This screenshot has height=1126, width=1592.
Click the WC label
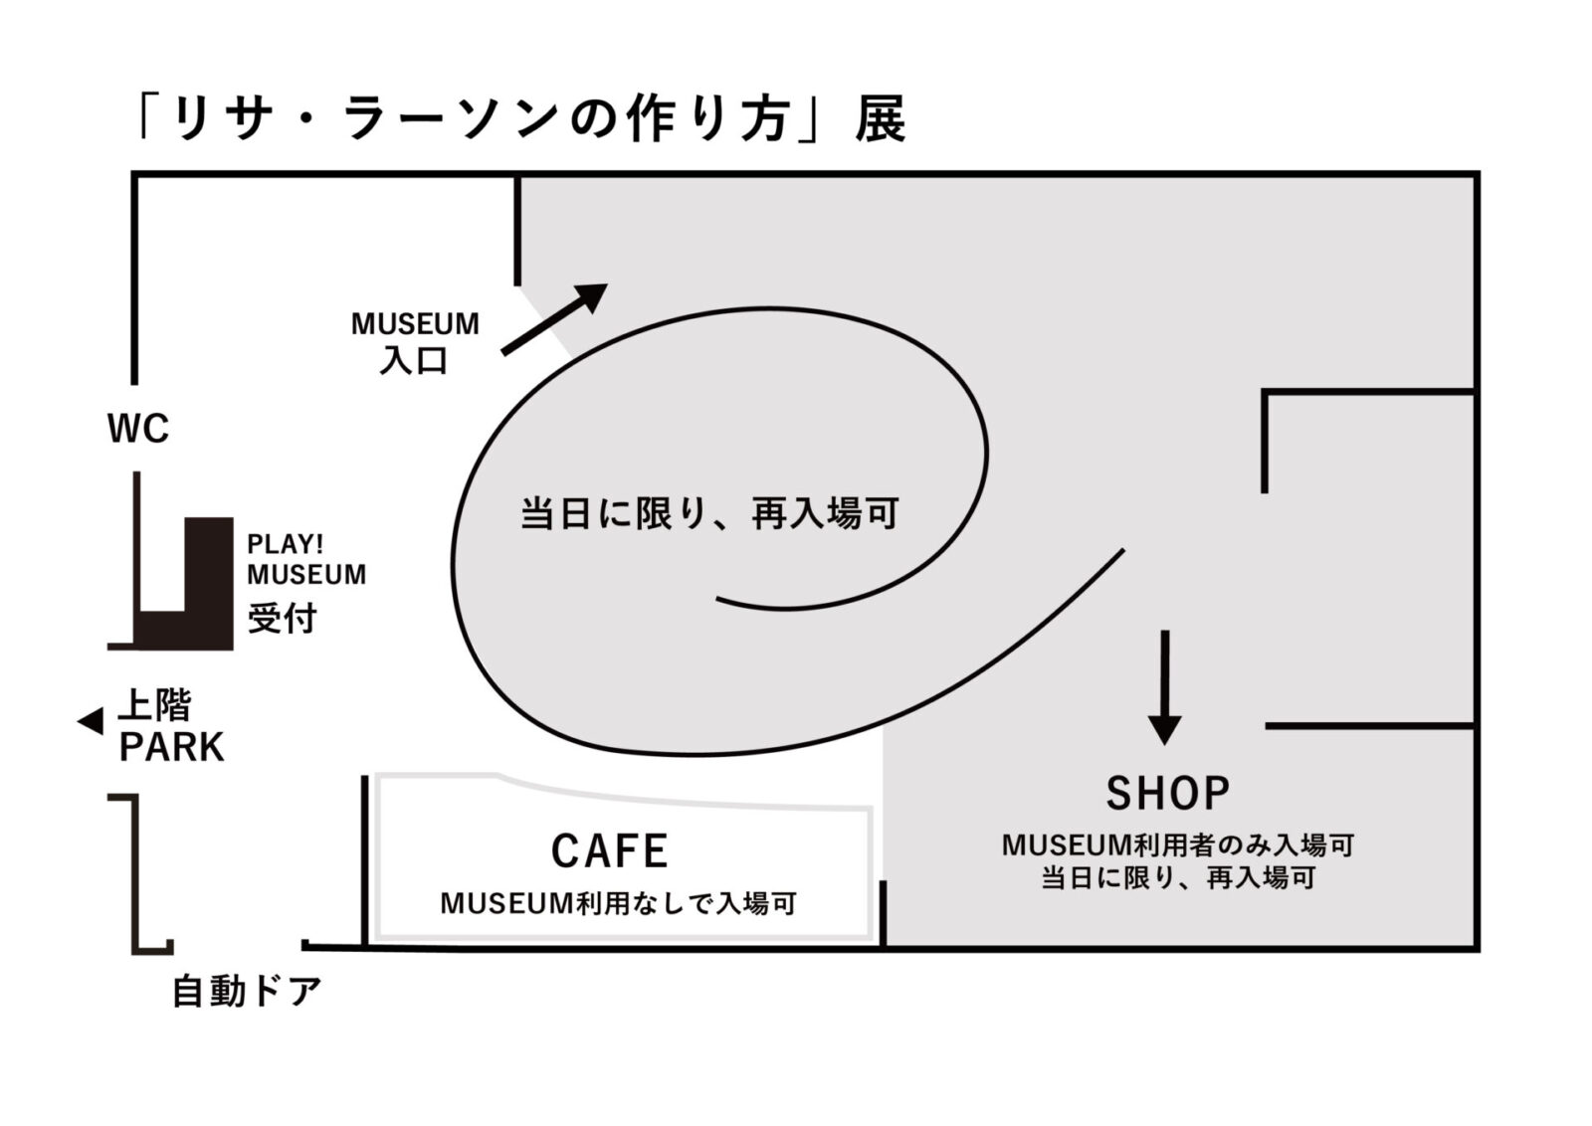138,430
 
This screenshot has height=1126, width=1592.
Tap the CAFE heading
609,851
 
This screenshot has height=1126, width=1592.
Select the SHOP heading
1167,793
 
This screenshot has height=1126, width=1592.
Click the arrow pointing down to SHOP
1164,686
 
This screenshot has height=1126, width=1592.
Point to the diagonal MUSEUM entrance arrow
554,318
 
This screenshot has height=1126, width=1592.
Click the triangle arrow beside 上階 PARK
91,721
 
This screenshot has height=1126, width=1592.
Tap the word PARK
171,747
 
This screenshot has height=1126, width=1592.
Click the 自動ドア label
247,992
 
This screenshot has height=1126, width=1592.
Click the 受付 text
282,619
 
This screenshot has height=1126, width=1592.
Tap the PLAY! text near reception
286,545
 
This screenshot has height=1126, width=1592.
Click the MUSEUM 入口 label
415,342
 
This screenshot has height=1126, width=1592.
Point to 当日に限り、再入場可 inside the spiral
709,514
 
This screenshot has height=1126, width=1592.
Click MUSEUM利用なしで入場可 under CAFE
618,904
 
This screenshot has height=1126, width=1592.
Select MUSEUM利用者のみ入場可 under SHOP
1178,845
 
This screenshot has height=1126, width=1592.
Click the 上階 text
154,705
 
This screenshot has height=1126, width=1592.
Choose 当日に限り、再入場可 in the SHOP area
1178,878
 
